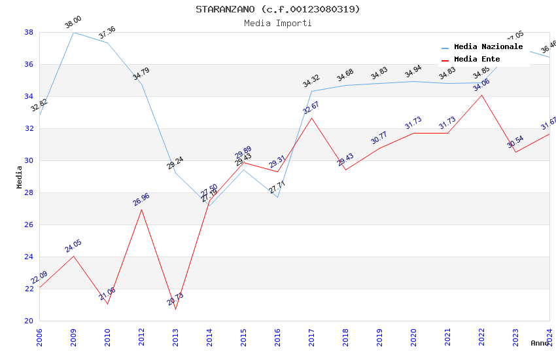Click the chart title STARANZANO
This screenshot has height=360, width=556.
[277, 9]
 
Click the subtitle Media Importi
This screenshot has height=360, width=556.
[277, 23]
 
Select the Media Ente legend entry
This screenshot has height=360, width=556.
[477, 59]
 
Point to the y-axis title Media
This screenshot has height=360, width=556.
[20, 177]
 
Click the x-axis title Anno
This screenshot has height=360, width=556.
[540, 343]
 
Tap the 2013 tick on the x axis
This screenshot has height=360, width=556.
[175, 334]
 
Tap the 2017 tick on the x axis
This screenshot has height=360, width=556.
[311, 334]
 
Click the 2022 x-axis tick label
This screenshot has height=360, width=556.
[481, 334]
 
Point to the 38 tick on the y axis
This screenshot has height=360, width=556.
[29, 32]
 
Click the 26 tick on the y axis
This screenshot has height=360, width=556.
[29, 225]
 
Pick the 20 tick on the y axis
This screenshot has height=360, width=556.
[29, 321]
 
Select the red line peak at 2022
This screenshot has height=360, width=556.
[481, 95]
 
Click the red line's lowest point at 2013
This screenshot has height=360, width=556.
[175, 309]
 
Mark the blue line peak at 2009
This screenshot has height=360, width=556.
[73, 32]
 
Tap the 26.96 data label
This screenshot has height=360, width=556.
[141, 199]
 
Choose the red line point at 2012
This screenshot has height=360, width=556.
[141, 209]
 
